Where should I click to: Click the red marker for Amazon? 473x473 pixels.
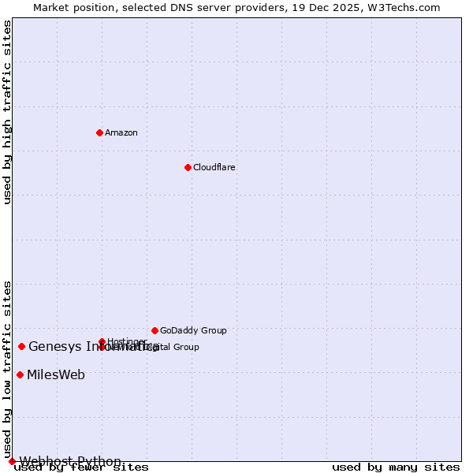pos(99,132)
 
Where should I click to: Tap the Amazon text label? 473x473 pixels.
pos(121,133)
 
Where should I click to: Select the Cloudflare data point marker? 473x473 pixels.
pos(188,167)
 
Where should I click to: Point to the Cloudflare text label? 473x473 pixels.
pos(214,168)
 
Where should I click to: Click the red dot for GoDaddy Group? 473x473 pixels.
pos(155,330)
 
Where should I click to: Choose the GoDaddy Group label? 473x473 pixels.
pos(193,331)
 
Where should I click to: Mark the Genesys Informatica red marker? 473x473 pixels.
pos(21,346)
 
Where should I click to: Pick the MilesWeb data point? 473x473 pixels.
pos(20,374)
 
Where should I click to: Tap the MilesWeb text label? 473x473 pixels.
pos(56,375)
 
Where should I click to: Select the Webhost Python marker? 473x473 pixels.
pos(12,461)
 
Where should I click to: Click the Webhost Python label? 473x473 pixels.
pos(70,461)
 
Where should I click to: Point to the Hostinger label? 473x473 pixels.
pos(126,341)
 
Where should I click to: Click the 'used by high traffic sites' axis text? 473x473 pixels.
pos(7,112)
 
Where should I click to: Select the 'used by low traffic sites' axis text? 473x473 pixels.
pos(7,369)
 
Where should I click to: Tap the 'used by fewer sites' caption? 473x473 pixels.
pos(81,467)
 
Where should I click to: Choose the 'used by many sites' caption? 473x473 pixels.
pos(396,467)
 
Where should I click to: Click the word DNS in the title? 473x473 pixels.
pos(176,8)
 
